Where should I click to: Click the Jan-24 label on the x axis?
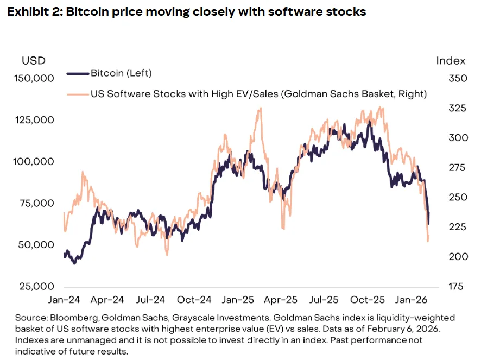[65, 300]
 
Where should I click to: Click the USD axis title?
[34, 60]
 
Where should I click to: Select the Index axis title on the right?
[450, 60]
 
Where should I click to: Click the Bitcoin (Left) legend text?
[121, 73]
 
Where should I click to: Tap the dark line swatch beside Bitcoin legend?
[77, 73]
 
